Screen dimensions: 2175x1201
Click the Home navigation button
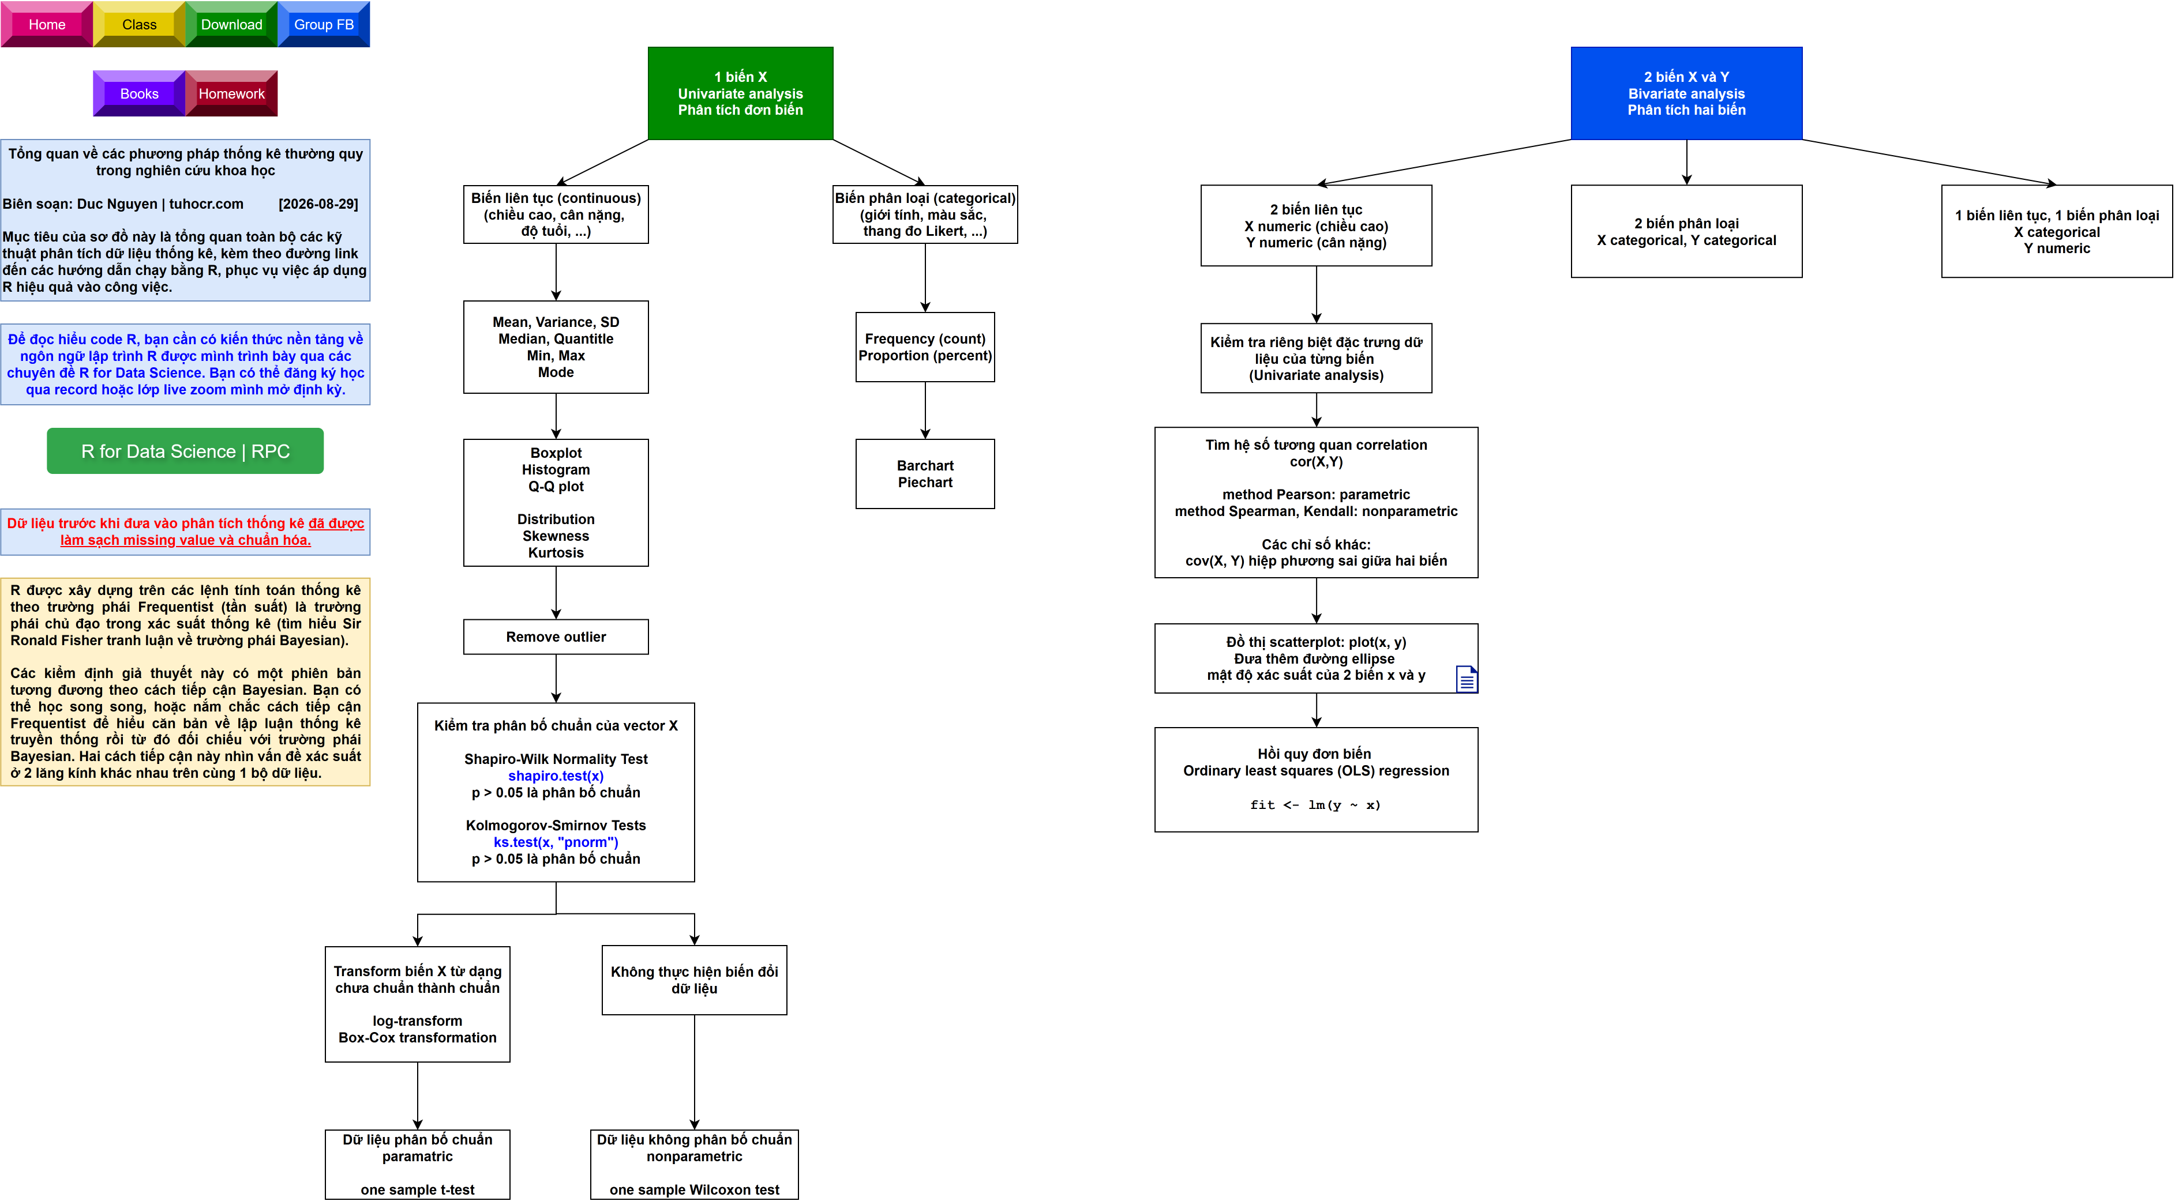coord(46,24)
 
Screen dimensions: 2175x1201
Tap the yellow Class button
coord(139,24)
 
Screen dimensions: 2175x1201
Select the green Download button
coord(231,24)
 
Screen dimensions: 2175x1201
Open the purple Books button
coord(139,93)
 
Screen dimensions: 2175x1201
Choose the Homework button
coord(231,93)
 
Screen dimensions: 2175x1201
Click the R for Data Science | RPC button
coord(185,451)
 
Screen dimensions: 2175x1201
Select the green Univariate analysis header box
coord(740,93)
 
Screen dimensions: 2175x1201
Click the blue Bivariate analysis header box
coord(1686,93)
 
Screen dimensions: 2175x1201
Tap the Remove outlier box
coord(556,637)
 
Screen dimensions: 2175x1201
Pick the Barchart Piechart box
coord(925,473)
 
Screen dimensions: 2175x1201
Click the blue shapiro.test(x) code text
coord(556,775)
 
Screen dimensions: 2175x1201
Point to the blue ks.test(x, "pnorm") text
coord(556,842)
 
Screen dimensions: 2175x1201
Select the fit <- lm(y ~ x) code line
coord(1315,804)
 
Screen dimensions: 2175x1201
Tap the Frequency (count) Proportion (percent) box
coord(925,347)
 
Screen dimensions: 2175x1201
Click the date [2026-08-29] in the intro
coord(318,204)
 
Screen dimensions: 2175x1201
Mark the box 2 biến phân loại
coord(1686,231)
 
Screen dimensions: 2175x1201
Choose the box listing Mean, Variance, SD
coord(556,347)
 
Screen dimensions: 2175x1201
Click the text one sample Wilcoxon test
coord(694,1189)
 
